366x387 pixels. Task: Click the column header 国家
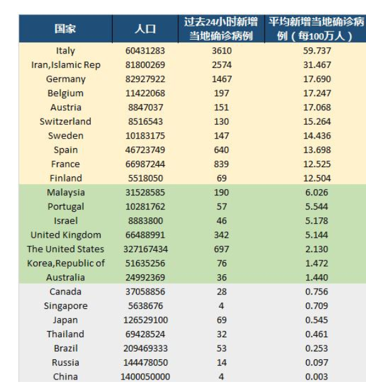pyautogui.click(x=65, y=29)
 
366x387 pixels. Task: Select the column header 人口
pyautogui.click(x=146, y=29)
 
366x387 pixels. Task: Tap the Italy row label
pyautogui.click(x=66, y=51)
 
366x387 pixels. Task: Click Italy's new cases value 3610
pyautogui.click(x=222, y=50)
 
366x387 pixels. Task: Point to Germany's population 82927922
pyautogui.click(x=145, y=79)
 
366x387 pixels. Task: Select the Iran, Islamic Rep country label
pyautogui.click(x=66, y=65)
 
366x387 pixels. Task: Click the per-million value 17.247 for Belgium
pyautogui.click(x=317, y=93)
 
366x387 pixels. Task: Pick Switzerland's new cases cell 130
pyautogui.click(x=222, y=122)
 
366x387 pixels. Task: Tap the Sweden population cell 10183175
pyautogui.click(x=145, y=136)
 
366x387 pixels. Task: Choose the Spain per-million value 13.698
pyautogui.click(x=317, y=150)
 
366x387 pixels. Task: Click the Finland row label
pyautogui.click(x=66, y=178)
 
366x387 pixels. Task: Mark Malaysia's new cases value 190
pyautogui.click(x=222, y=192)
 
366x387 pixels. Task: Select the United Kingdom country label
pyautogui.click(x=66, y=235)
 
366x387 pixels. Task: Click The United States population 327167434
pyautogui.click(x=146, y=249)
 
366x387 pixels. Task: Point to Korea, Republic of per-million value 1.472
pyautogui.click(x=317, y=263)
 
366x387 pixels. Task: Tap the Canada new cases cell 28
pyautogui.click(x=222, y=292)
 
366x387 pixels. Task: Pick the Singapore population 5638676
pyautogui.click(x=146, y=306)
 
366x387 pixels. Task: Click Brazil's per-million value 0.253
pyautogui.click(x=317, y=349)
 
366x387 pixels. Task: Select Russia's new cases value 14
pyautogui.click(x=222, y=362)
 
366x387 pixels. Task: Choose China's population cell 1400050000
pyautogui.click(x=146, y=377)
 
